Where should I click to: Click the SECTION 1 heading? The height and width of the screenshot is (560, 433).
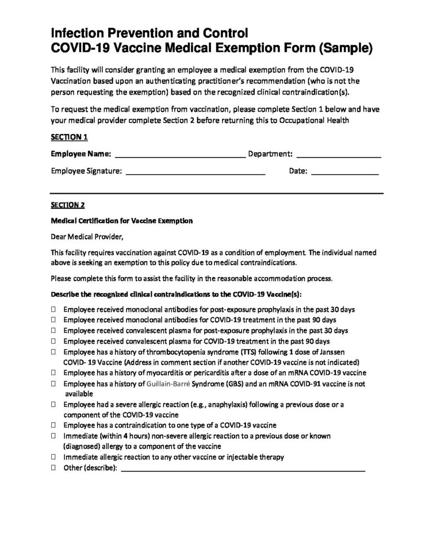(69, 137)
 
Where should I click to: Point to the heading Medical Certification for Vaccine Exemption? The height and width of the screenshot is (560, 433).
(122, 221)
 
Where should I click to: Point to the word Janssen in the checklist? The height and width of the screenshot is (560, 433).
(334, 352)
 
